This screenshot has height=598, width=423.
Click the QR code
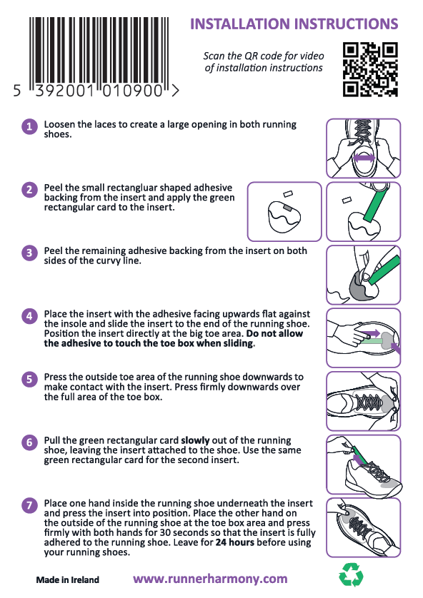point(370,69)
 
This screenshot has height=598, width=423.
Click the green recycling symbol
point(351,574)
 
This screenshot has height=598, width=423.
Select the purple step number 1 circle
point(29,126)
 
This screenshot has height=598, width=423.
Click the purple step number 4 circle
point(29,316)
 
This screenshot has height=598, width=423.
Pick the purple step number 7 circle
point(29,506)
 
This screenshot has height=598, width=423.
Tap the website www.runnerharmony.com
point(210,579)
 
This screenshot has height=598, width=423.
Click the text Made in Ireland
point(68,580)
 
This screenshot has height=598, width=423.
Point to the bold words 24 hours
point(235,542)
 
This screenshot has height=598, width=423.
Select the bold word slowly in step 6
point(195,440)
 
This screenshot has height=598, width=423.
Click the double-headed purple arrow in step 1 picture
point(364,158)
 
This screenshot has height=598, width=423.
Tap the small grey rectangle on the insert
point(287,208)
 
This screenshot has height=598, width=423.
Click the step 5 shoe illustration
point(364,401)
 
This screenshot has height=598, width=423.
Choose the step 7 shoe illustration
point(364,528)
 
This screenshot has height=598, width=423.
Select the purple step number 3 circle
point(29,253)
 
